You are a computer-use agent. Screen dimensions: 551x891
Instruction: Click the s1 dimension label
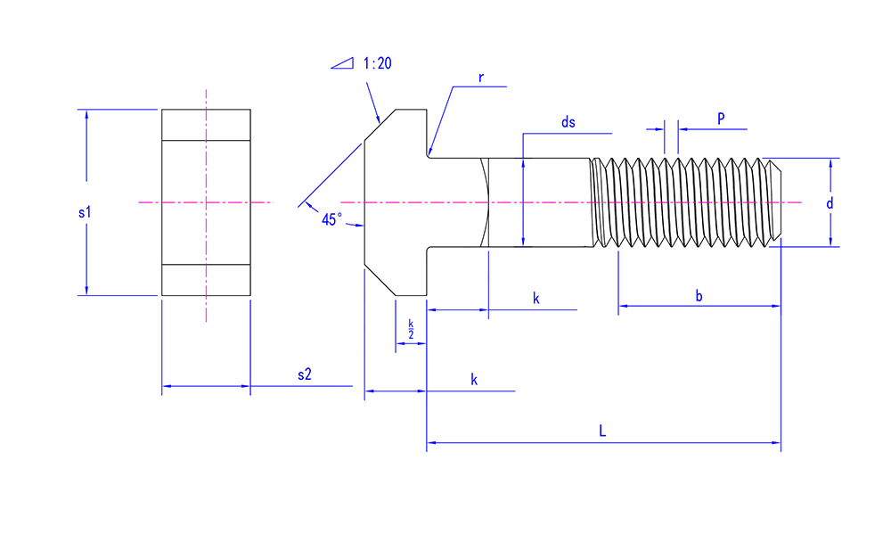(85, 213)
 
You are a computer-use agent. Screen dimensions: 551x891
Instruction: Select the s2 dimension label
(304, 374)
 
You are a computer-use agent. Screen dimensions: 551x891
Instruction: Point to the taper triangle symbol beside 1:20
(343, 63)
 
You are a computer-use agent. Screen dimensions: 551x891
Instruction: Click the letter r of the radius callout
(480, 77)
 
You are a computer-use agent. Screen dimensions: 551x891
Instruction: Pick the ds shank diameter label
(568, 123)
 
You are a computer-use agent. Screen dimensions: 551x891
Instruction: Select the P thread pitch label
(720, 118)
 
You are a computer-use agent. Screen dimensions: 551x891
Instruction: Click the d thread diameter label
(830, 203)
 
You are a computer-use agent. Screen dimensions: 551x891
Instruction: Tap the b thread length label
(699, 295)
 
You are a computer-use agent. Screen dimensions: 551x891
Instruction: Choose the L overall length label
(603, 431)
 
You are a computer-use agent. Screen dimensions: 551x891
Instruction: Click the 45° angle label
(331, 219)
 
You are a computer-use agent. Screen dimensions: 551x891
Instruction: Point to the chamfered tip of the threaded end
(775, 202)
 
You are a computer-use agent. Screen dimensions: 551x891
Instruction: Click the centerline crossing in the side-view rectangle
(206, 202)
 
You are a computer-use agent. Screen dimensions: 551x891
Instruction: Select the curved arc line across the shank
(489, 202)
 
